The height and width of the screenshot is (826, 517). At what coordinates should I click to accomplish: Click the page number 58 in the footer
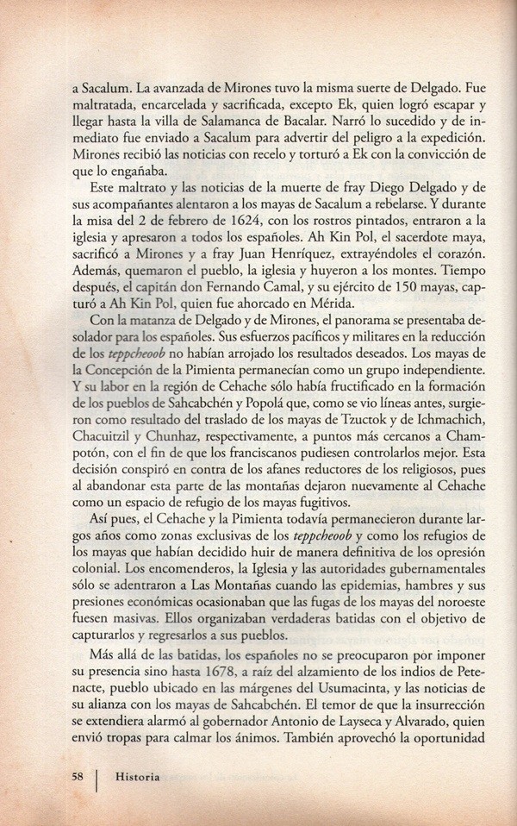[x=78, y=776]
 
